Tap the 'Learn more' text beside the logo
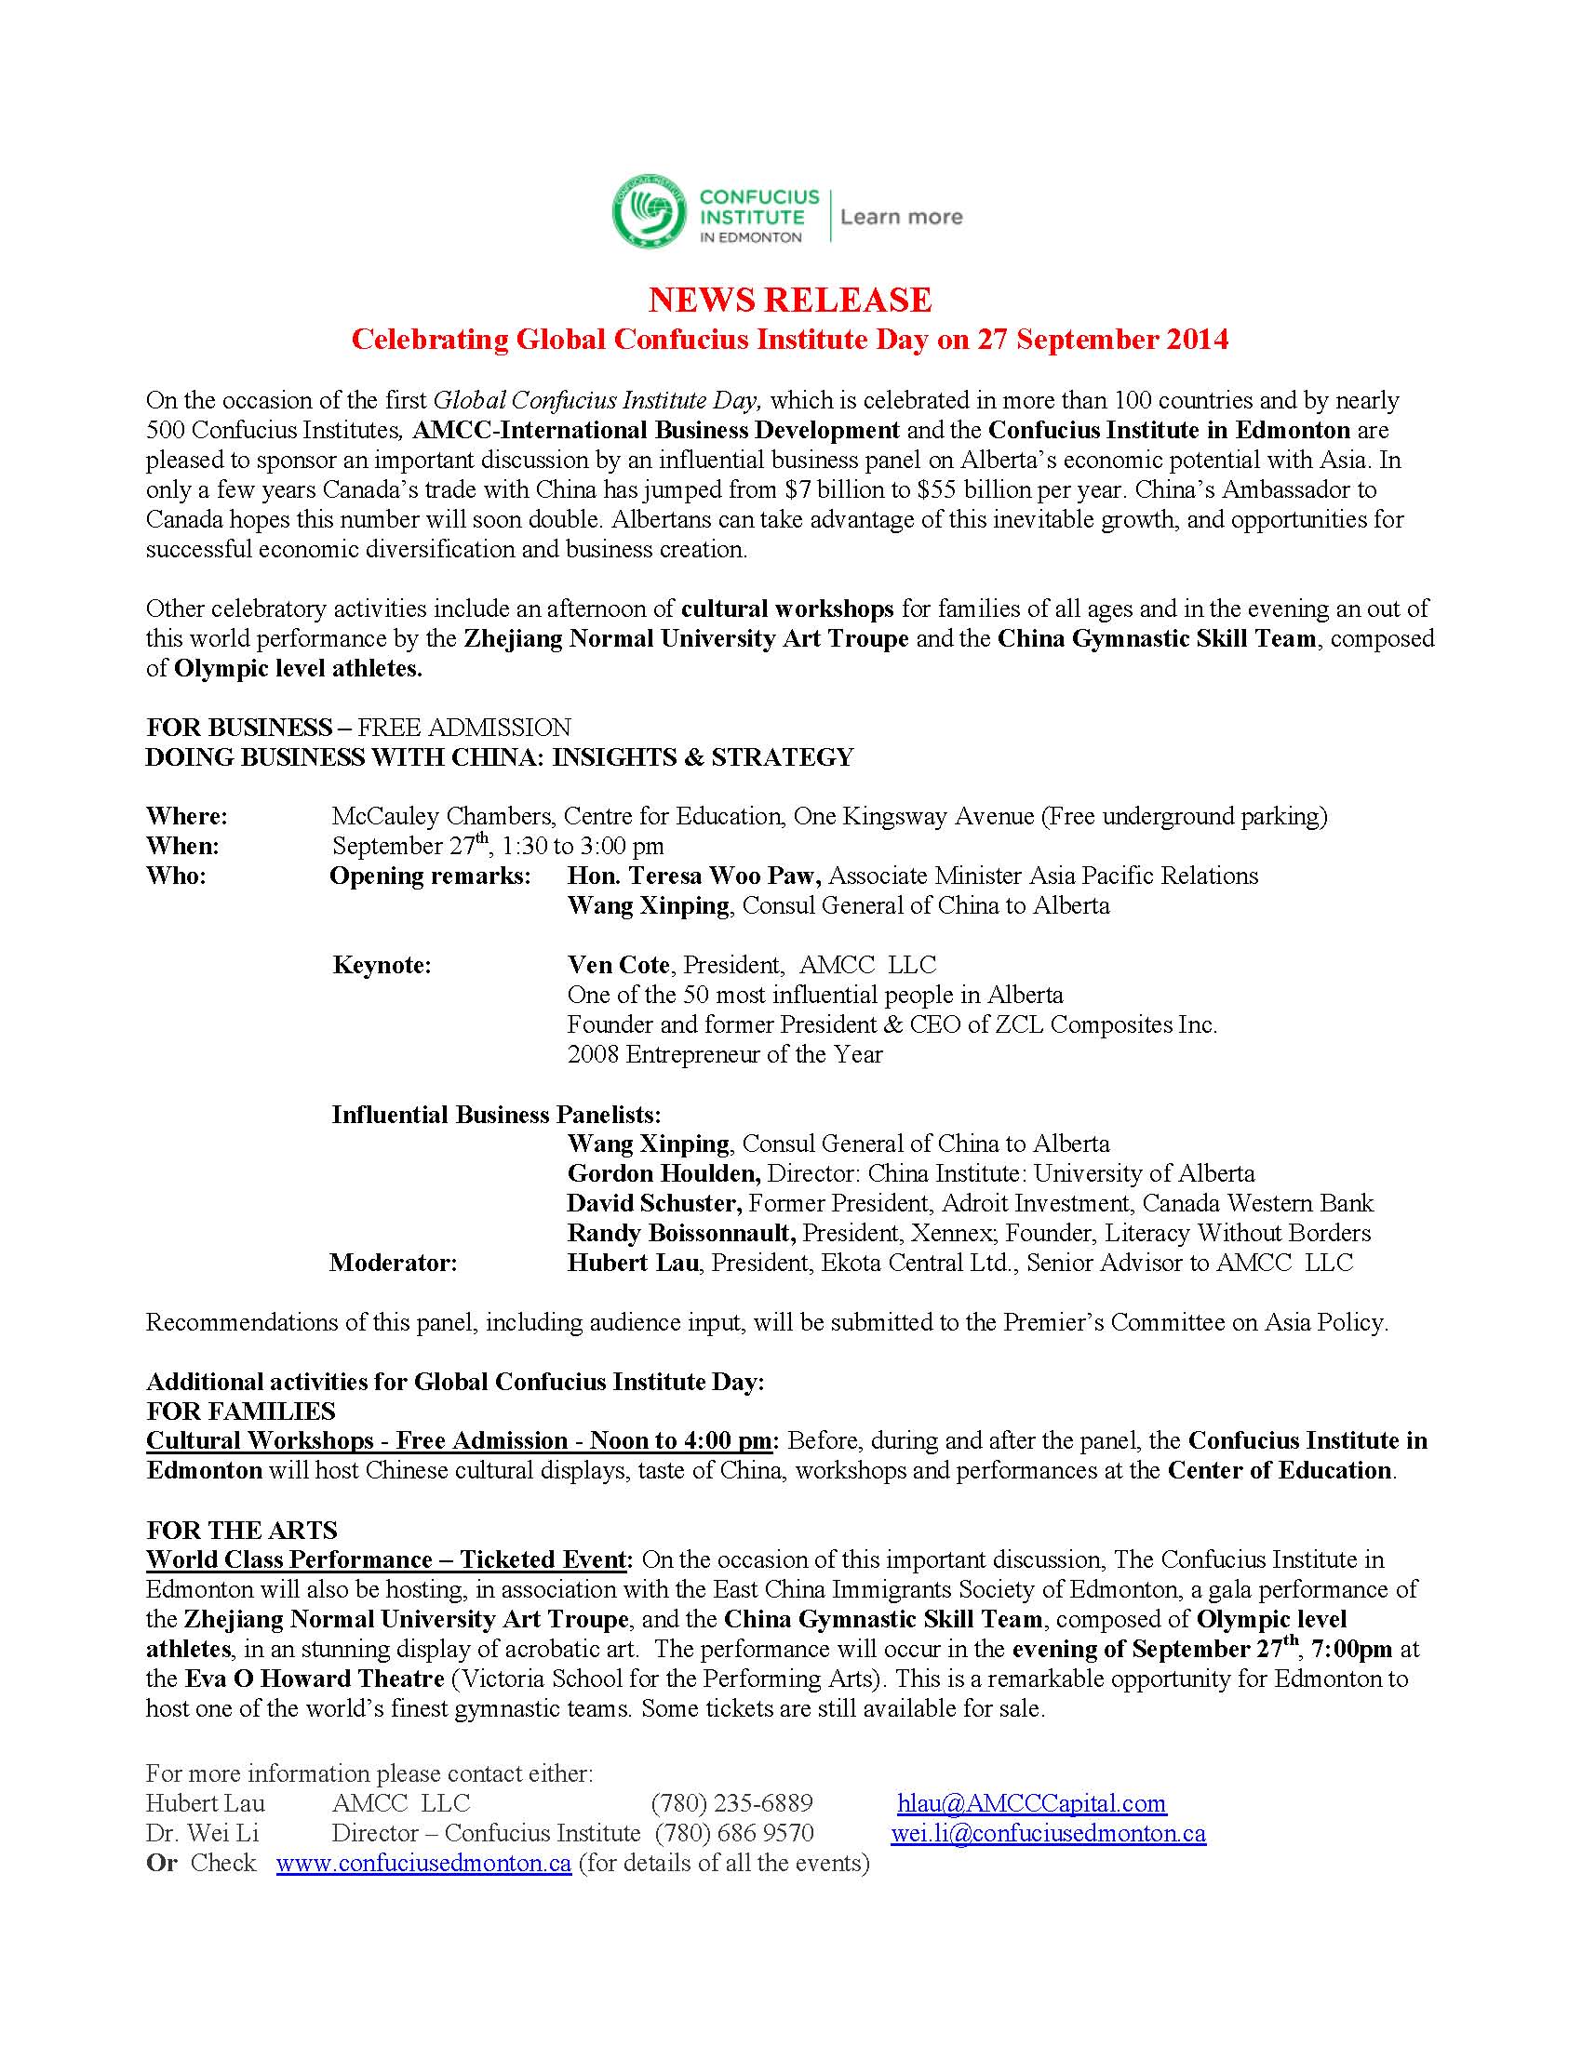pyautogui.click(x=901, y=218)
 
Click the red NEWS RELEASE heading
pyautogui.click(x=790, y=300)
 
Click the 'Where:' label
pyautogui.click(x=186, y=816)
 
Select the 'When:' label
pyautogui.click(x=182, y=847)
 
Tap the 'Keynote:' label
pyautogui.click(x=382, y=966)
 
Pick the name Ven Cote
pyautogui.click(x=619, y=966)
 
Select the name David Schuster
pyautogui.click(x=654, y=1203)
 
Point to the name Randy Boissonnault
pyautogui.click(x=681, y=1234)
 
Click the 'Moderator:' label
pyautogui.click(x=393, y=1264)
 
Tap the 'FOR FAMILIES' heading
pyautogui.click(x=241, y=1411)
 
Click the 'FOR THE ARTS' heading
pyautogui.click(x=242, y=1531)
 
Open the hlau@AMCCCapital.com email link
pyautogui.click(x=1031, y=1803)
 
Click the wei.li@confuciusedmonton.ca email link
pyautogui.click(x=1048, y=1833)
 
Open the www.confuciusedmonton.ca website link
pyautogui.click(x=423, y=1864)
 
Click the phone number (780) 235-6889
pyautogui.click(x=732, y=1803)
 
